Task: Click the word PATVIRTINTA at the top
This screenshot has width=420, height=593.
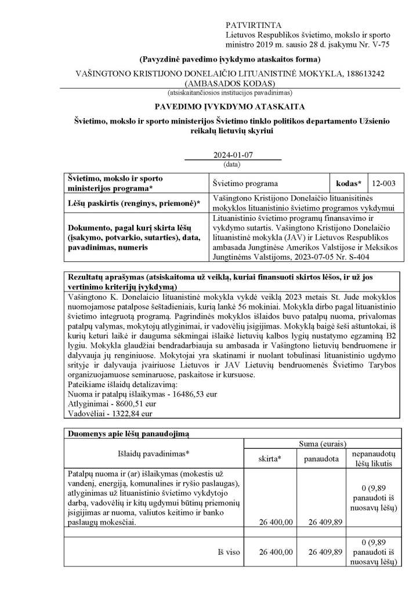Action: point(254,25)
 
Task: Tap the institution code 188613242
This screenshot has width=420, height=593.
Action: point(352,74)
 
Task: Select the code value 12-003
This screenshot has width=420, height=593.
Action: point(385,183)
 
